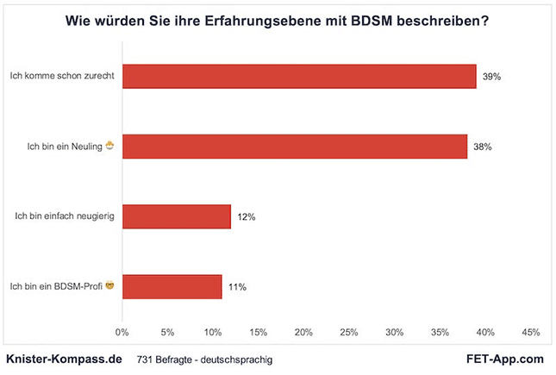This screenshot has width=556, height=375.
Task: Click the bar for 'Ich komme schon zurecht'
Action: point(299,76)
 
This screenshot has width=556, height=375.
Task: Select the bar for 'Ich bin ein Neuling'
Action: point(295,147)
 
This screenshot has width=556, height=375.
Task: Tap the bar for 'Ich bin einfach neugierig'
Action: point(177,216)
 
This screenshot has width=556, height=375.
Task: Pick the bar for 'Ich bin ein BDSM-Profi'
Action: point(172,286)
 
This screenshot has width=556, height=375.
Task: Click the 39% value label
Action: point(491,77)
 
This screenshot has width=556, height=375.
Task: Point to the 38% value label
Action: point(482,147)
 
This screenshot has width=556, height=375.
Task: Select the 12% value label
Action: point(246,217)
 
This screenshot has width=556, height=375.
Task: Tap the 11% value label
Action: point(237,287)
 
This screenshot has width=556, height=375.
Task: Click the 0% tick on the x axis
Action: point(122,332)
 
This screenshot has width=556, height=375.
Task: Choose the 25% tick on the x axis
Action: point(349,332)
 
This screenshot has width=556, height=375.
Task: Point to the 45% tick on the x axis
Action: point(531,332)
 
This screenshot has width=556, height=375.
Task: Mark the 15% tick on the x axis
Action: point(259,332)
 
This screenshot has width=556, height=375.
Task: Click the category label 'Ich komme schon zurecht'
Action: point(62,77)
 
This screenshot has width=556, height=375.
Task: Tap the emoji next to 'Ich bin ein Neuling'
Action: point(109,146)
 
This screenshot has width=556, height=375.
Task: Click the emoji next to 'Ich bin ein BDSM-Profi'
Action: point(109,285)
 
